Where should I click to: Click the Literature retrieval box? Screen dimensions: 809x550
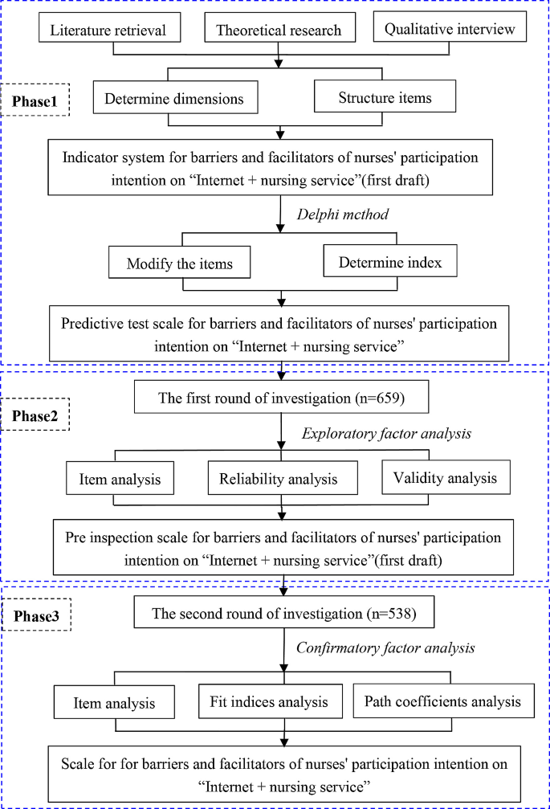coord(109,30)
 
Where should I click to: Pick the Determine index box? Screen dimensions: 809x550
coord(389,262)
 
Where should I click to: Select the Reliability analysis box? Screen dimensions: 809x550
coord(278,479)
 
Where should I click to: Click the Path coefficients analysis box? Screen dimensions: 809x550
coord(442,701)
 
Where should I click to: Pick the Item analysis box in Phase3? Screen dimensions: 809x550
coord(115,703)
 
